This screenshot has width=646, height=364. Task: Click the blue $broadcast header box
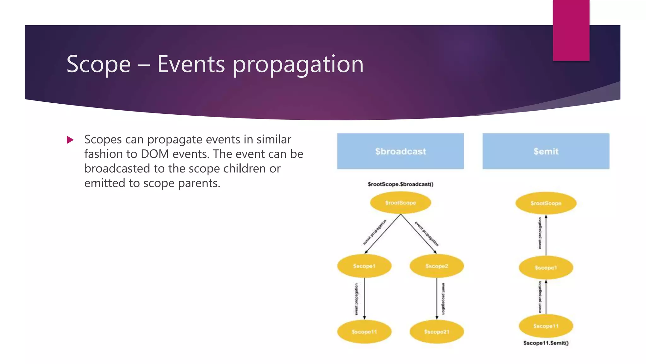[400, 151]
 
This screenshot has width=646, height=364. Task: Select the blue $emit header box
[546, 151]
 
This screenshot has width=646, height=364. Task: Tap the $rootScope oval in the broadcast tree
[400, 203]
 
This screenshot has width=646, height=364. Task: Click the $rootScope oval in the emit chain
[546, 203]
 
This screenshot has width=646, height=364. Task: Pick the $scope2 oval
[437, 266]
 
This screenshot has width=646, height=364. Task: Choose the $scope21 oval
[437, 332]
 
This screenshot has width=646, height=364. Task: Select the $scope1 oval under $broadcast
[364, 266]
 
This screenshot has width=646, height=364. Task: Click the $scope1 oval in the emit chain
[546, 268]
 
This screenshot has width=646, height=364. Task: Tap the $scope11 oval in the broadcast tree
[364, 332]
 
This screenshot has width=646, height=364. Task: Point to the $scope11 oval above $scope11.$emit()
[546, 326]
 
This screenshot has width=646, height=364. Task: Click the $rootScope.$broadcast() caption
[400, 184]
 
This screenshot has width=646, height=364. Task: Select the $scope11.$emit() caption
[546, 343]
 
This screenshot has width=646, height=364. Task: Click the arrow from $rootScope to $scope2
[419, 234]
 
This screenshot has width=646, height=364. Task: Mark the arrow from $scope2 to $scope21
[437, 299]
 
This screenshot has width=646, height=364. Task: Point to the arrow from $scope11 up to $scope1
[546, 297]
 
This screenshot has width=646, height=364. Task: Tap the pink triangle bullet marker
[70, 140]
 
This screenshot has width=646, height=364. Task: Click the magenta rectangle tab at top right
[571, 30]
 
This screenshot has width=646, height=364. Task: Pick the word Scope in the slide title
[98, 64]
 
